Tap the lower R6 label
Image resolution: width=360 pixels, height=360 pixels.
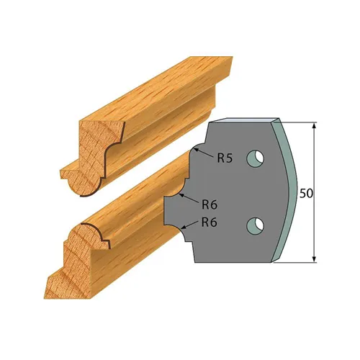tap(210, 222)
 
